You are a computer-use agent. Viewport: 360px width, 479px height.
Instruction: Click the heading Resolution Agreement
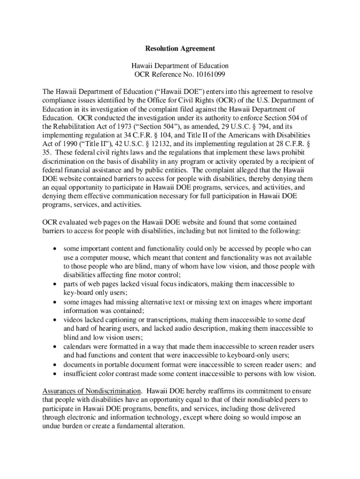(180, 48)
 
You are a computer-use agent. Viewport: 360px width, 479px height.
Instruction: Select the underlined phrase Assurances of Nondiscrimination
(92, 391)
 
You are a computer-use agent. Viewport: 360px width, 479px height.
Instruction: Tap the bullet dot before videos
(55, 320)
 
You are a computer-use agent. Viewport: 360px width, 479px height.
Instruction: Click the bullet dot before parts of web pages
(55, 284)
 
